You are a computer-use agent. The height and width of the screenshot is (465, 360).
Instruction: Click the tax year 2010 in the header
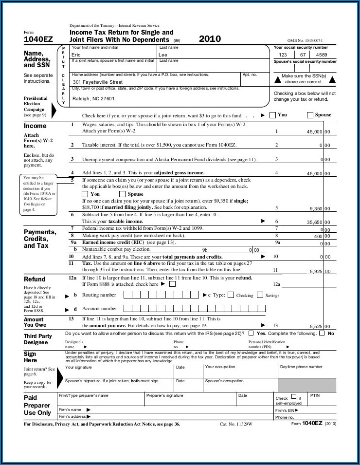pos(210,39)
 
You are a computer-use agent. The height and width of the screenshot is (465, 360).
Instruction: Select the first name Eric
pos(76,55)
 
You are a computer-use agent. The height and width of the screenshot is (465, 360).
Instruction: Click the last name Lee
pos(163,55)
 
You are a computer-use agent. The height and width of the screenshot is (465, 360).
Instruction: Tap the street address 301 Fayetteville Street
pos(98,82)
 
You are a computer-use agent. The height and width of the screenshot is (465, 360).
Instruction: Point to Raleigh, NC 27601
pos(93,98)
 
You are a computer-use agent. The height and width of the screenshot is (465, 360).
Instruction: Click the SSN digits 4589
pos(322,55)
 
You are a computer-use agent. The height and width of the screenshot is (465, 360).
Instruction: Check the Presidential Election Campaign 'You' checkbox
pos(272,115)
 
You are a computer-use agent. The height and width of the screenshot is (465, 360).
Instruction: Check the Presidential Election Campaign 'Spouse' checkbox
pos(310,115)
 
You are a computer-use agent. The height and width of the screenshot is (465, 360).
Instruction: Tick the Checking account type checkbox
pos(231,295)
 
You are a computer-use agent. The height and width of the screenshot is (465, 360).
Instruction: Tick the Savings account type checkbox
pos(260,295)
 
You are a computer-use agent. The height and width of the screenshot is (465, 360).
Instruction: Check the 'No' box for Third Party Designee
pos(322,334)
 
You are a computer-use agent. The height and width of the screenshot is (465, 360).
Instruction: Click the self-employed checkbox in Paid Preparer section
pos(293,397)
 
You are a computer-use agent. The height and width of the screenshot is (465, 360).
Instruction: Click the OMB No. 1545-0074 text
pos(305,40)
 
